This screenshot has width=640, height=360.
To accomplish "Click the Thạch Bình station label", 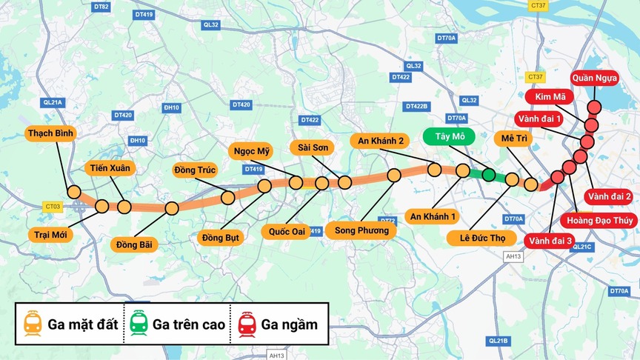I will point(53,133).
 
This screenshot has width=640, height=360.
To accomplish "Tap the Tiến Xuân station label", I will point(110,168).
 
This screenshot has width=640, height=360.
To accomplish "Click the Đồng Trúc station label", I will point(195,170).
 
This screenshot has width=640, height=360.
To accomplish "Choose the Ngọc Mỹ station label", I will point(253,151).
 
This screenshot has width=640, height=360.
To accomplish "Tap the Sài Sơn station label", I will point(313,147).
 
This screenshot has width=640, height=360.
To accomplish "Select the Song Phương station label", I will point(361,230).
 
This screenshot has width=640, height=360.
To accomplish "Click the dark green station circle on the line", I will point(488,175).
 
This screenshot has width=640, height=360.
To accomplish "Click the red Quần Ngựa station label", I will point(599,78).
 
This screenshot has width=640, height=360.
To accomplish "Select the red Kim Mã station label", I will point(548,98).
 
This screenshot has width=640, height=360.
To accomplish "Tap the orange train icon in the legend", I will point(33,324).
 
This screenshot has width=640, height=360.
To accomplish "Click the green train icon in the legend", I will point(138,324).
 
